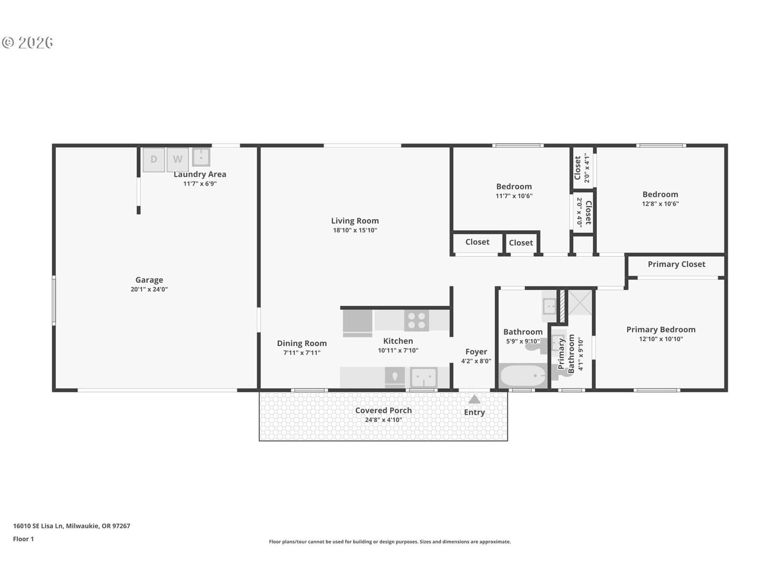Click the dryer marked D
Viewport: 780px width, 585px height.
click(154, 159)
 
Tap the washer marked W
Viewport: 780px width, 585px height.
click(177, 159)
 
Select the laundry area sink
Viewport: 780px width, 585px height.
click(201, 157)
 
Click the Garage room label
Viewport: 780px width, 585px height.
click(149, 280)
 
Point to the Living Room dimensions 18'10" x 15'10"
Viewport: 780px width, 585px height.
click(355, 230)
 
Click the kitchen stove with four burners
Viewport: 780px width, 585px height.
click(416, 320)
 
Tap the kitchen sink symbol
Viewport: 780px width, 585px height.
click(424, 377)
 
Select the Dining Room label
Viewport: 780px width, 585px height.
click(302, 344)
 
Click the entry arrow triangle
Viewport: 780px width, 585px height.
click(474, 400)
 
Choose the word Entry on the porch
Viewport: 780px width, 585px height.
click(474, 412)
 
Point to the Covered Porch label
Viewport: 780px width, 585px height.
click(384, 410)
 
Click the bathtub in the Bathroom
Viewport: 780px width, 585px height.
click(523, 376)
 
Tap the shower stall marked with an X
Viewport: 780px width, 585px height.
click(580, 302)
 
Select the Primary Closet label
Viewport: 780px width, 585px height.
click(676, 264)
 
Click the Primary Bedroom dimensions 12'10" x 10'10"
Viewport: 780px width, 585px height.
click(661, 339)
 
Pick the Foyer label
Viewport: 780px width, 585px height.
click(476, 351)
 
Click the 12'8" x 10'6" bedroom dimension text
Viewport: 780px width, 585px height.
click(660, 204)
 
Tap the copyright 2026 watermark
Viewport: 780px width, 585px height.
click(27, 42)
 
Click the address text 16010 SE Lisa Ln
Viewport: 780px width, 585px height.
click(39, 526)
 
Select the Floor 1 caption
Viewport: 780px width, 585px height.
click(23, 539)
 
